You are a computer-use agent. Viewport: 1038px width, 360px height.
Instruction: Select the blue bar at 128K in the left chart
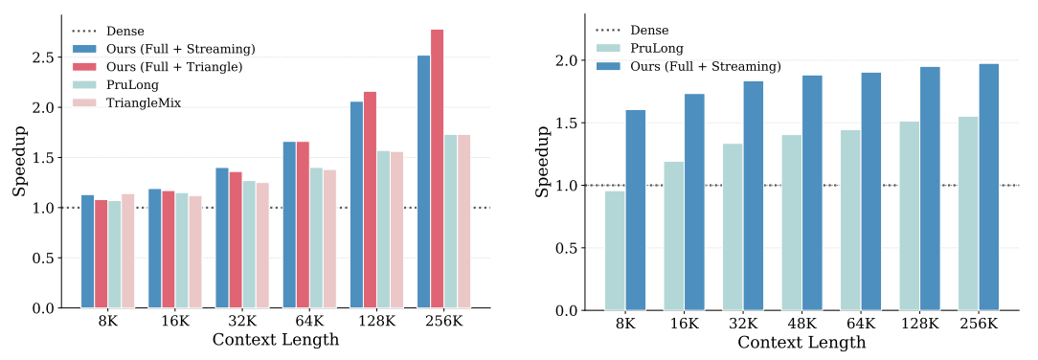point(356,205)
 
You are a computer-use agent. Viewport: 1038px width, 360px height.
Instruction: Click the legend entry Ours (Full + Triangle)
point(173,66)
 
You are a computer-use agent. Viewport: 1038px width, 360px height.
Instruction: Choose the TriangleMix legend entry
point(144,102)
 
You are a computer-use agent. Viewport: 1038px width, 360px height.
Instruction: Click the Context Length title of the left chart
point(276,341)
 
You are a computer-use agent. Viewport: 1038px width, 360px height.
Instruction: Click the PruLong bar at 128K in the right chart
point(910,215)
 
